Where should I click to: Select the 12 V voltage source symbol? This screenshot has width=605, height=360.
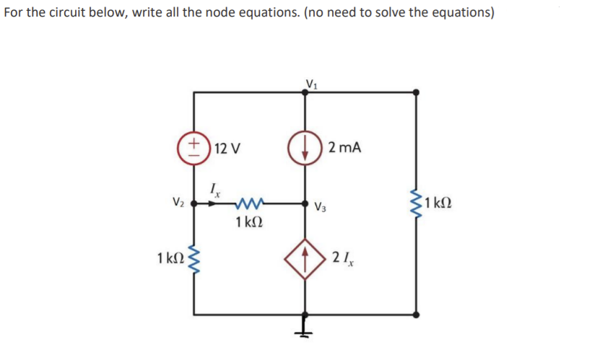tap(193, 149)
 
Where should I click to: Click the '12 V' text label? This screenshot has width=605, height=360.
tap(228, 149)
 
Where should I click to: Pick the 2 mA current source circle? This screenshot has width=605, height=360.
tap(305, 149)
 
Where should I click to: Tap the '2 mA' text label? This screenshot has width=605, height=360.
tap(344, 149)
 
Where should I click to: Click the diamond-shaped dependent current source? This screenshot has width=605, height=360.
tap(305, 258)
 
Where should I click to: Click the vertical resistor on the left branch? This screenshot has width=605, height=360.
tap(193, 258)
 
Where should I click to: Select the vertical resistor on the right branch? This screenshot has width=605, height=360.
tap(416, 203)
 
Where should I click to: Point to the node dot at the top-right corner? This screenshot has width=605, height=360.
tap(416, 92)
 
